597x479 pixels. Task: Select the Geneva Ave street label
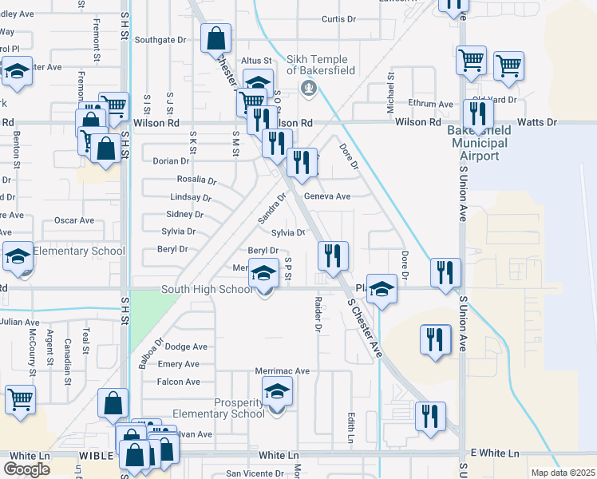coord(326,196)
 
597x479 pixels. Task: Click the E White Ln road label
coord(494,453)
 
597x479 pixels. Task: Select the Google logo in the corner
coord(27,469)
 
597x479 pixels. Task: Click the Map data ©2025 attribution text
coord(563,473)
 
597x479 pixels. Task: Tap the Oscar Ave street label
coord(73,220)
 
